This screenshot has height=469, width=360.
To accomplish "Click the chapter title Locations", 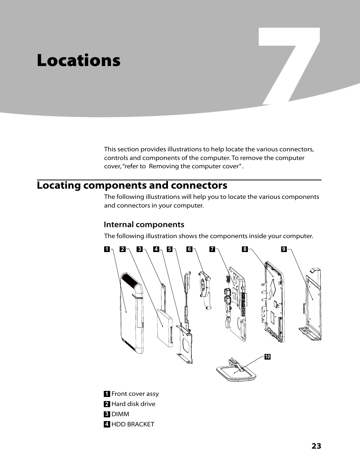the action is [x=78, y=60].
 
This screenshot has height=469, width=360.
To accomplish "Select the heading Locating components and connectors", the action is [x=132, y=185].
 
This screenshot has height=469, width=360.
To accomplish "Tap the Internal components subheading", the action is [x=144, y=225].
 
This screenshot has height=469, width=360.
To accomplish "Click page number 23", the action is [x=316, y=446].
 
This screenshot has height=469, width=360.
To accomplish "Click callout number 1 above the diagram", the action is [x=107, y=249].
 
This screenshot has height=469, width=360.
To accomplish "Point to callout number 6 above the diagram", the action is [x=189, y=249].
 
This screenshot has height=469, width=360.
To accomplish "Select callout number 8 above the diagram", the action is [x=245, y=249].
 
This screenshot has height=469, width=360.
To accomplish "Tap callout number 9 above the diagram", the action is [x=284, y=249].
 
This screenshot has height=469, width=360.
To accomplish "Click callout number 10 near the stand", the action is [x=267, y=357].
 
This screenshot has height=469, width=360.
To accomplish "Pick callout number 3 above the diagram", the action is [x=139, y=249].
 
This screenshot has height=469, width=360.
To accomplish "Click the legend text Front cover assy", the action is [x=135, y=394].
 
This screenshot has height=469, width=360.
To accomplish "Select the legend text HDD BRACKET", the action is [x=133, y=424].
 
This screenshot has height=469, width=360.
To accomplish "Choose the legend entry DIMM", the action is [x=120, y=414].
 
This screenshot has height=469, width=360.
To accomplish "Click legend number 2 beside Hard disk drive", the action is [x=107, y=404].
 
